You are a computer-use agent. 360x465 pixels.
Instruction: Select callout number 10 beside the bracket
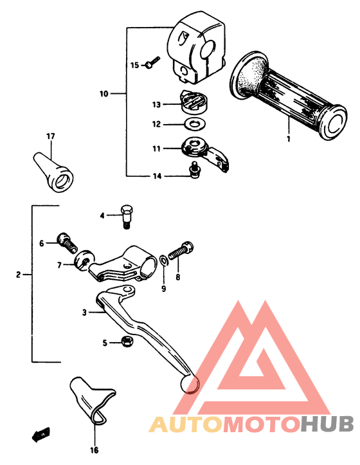point(104,94)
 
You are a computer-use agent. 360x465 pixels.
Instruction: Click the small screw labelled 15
point(152,63)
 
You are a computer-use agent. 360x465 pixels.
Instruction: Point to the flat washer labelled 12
point(192,123)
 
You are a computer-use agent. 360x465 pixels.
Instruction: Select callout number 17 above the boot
point(50,136)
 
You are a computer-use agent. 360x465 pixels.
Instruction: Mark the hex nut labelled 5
point(127,342)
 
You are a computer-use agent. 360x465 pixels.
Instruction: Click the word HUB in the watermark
point(327,424)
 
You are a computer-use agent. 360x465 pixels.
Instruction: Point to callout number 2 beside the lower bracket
point(19,275)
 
